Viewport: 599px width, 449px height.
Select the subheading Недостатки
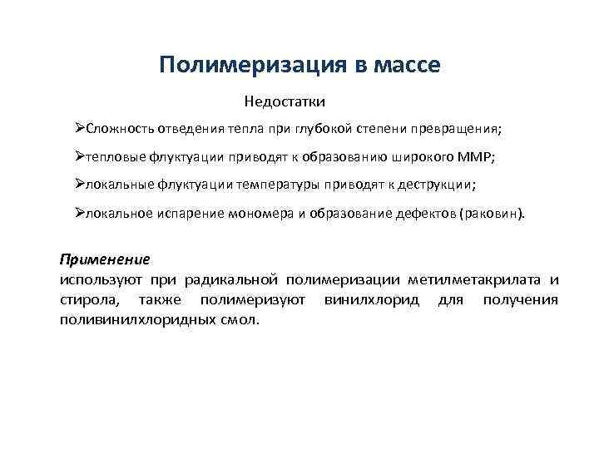coord(285,101)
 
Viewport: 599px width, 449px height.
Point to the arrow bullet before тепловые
coord(79,157)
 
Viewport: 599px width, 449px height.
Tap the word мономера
coord(258,213)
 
